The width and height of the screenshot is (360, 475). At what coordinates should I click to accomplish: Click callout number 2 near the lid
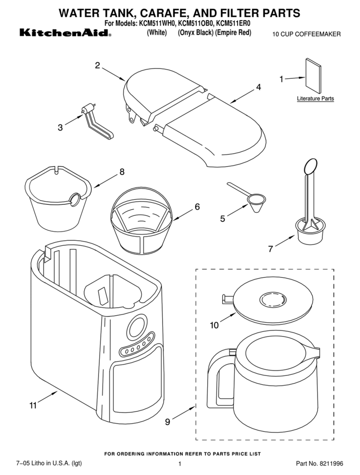point(97,65)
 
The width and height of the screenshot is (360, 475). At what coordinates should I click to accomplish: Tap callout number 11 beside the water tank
point(33,405)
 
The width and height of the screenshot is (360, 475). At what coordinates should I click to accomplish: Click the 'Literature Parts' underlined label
point(315,99)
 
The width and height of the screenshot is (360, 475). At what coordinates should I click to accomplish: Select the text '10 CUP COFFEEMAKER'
point(307,34)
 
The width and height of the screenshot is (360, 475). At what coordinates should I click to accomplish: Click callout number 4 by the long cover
point(258,88)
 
